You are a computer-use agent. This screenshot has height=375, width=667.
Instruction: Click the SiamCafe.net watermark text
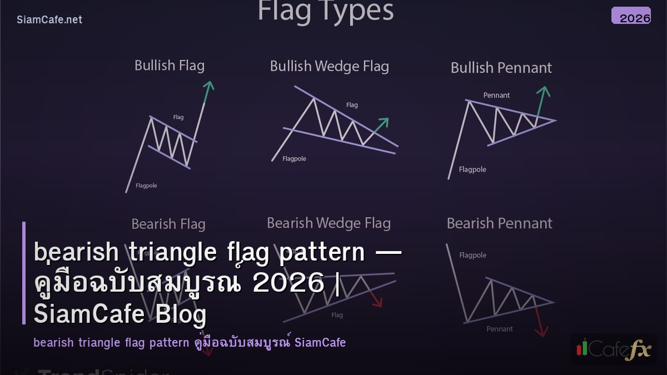49,19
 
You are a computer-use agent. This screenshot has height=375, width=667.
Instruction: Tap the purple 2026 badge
631,16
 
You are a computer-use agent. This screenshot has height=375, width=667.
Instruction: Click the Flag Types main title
325,11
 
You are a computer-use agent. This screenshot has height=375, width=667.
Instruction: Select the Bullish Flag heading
170,66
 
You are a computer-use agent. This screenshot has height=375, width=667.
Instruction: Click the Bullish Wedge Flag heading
329,66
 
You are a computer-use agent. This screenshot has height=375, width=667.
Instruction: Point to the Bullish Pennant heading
501,68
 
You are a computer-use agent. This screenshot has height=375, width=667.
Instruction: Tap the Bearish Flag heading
168,224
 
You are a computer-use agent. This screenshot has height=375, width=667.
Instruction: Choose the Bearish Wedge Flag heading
328,223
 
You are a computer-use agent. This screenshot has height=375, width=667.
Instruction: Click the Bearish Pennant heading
499,223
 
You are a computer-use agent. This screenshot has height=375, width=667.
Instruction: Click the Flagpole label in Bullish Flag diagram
146,186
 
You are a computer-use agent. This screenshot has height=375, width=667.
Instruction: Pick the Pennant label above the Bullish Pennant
496,95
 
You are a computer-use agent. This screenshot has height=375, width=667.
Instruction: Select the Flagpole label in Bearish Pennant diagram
472,255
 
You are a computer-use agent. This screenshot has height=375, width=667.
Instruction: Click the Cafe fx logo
614,348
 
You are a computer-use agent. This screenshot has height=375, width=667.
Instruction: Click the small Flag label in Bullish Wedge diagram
352,104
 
